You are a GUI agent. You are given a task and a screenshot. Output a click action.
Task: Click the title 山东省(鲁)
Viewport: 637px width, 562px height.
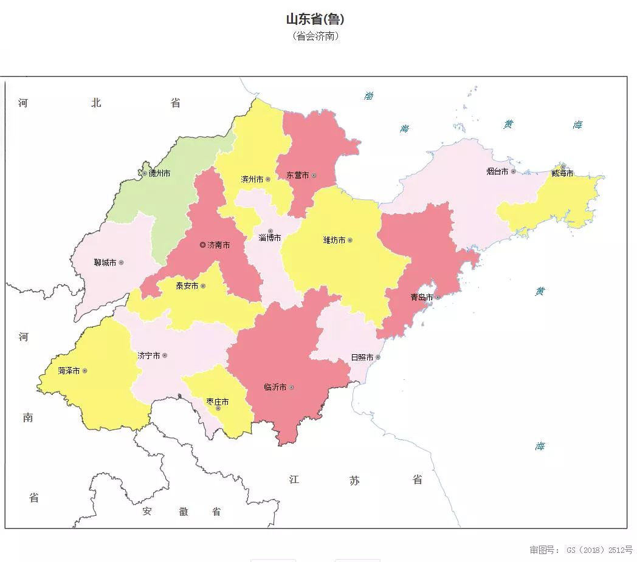pos(315,19)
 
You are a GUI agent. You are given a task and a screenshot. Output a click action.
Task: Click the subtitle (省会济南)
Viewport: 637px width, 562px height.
pos(315,36)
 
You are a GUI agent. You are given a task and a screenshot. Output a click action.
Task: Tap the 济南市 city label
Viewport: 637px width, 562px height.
pos(219,245)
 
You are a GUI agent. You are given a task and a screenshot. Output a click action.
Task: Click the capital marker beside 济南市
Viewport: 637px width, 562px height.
pos(203,245)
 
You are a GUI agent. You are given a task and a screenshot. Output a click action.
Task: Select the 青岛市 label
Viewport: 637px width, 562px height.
pos(421,297)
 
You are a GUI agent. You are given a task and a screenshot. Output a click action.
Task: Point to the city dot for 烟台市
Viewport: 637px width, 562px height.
pos(513,171)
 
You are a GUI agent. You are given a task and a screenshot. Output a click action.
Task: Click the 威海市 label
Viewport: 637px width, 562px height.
pos(562,173)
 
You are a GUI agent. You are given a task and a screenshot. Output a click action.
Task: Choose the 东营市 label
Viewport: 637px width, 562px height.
pos(298,175)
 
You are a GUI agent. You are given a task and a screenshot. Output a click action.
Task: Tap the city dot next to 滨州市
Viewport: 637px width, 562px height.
pos(267,179)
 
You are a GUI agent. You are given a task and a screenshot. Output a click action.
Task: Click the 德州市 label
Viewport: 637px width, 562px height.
pos(160,173)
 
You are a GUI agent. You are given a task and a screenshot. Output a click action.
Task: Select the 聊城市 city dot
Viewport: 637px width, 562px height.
pos(121,262)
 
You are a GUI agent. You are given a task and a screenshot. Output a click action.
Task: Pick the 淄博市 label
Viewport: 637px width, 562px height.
pos(270,238)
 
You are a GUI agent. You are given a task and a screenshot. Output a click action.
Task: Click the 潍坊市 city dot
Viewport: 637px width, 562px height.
pos(349,240)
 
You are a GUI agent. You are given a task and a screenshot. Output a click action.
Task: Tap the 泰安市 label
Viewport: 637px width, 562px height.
pos(187,286)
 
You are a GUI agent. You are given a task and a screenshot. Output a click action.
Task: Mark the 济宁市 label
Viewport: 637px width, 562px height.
pos(148,355)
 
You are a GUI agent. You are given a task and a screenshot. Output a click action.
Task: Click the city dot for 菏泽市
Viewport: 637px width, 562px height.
pos(84,371)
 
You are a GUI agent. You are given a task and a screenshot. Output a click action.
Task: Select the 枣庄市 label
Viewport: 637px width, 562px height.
pos(218,402)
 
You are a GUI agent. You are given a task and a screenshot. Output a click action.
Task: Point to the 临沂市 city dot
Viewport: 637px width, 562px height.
pos(291,387)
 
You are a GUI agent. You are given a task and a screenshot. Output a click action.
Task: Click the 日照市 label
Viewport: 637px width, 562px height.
pos(362,357)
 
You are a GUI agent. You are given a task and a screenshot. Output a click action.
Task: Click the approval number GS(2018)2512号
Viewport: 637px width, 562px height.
pos(580,550)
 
